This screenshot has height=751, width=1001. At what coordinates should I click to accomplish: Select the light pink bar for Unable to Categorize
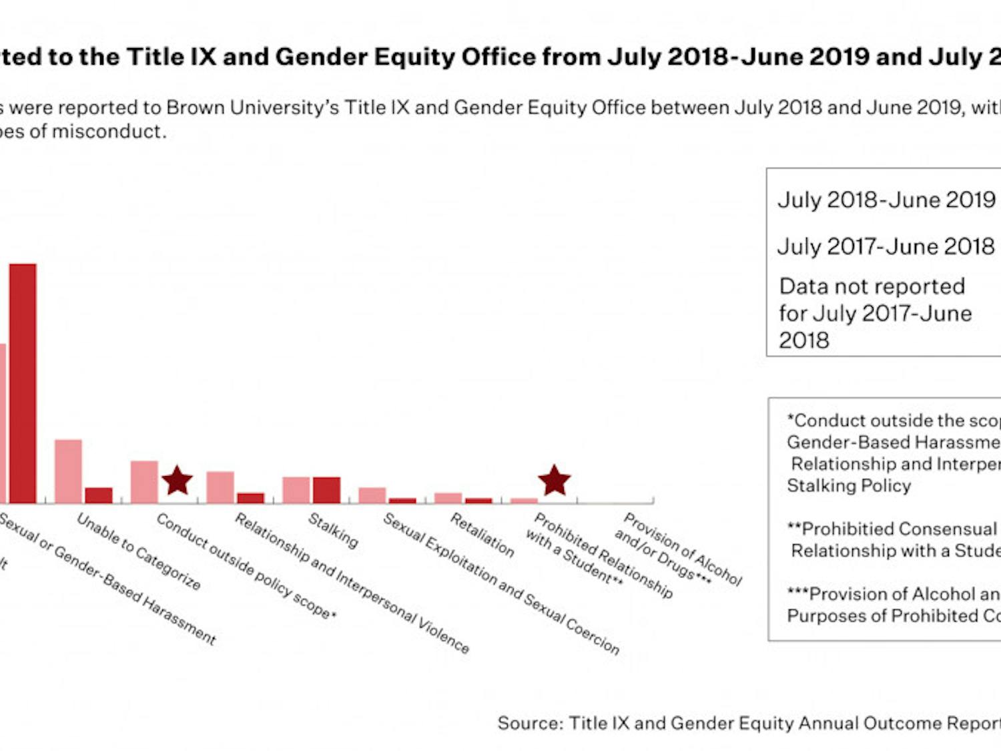(x=68, y=471)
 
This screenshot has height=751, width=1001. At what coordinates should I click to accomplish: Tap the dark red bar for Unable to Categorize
(x=99, y=495)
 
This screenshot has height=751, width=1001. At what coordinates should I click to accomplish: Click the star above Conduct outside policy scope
(x=177, y=481)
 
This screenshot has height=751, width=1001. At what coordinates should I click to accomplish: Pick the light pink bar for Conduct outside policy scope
(x=144, y=481)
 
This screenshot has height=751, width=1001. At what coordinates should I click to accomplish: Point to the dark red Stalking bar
(x=326, y=489)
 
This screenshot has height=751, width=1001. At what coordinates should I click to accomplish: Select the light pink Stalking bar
(x=296, y=489)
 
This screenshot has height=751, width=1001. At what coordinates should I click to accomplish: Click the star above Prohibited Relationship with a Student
(x=554, y=481)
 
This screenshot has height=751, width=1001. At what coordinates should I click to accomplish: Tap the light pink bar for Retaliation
(x=448, y=497)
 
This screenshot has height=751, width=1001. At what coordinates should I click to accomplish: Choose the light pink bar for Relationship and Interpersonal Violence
(x=220, y=487)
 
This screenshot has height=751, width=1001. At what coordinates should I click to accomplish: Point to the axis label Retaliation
(x=482, y=535)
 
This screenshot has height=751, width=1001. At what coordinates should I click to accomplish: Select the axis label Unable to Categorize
(x=139, y=551)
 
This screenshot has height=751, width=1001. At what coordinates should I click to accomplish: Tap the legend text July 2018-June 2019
(x=886, y=200)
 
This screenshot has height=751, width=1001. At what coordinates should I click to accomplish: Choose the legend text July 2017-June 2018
(x=886, y=246)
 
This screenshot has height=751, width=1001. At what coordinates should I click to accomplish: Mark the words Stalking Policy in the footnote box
(x=848, y=485)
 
